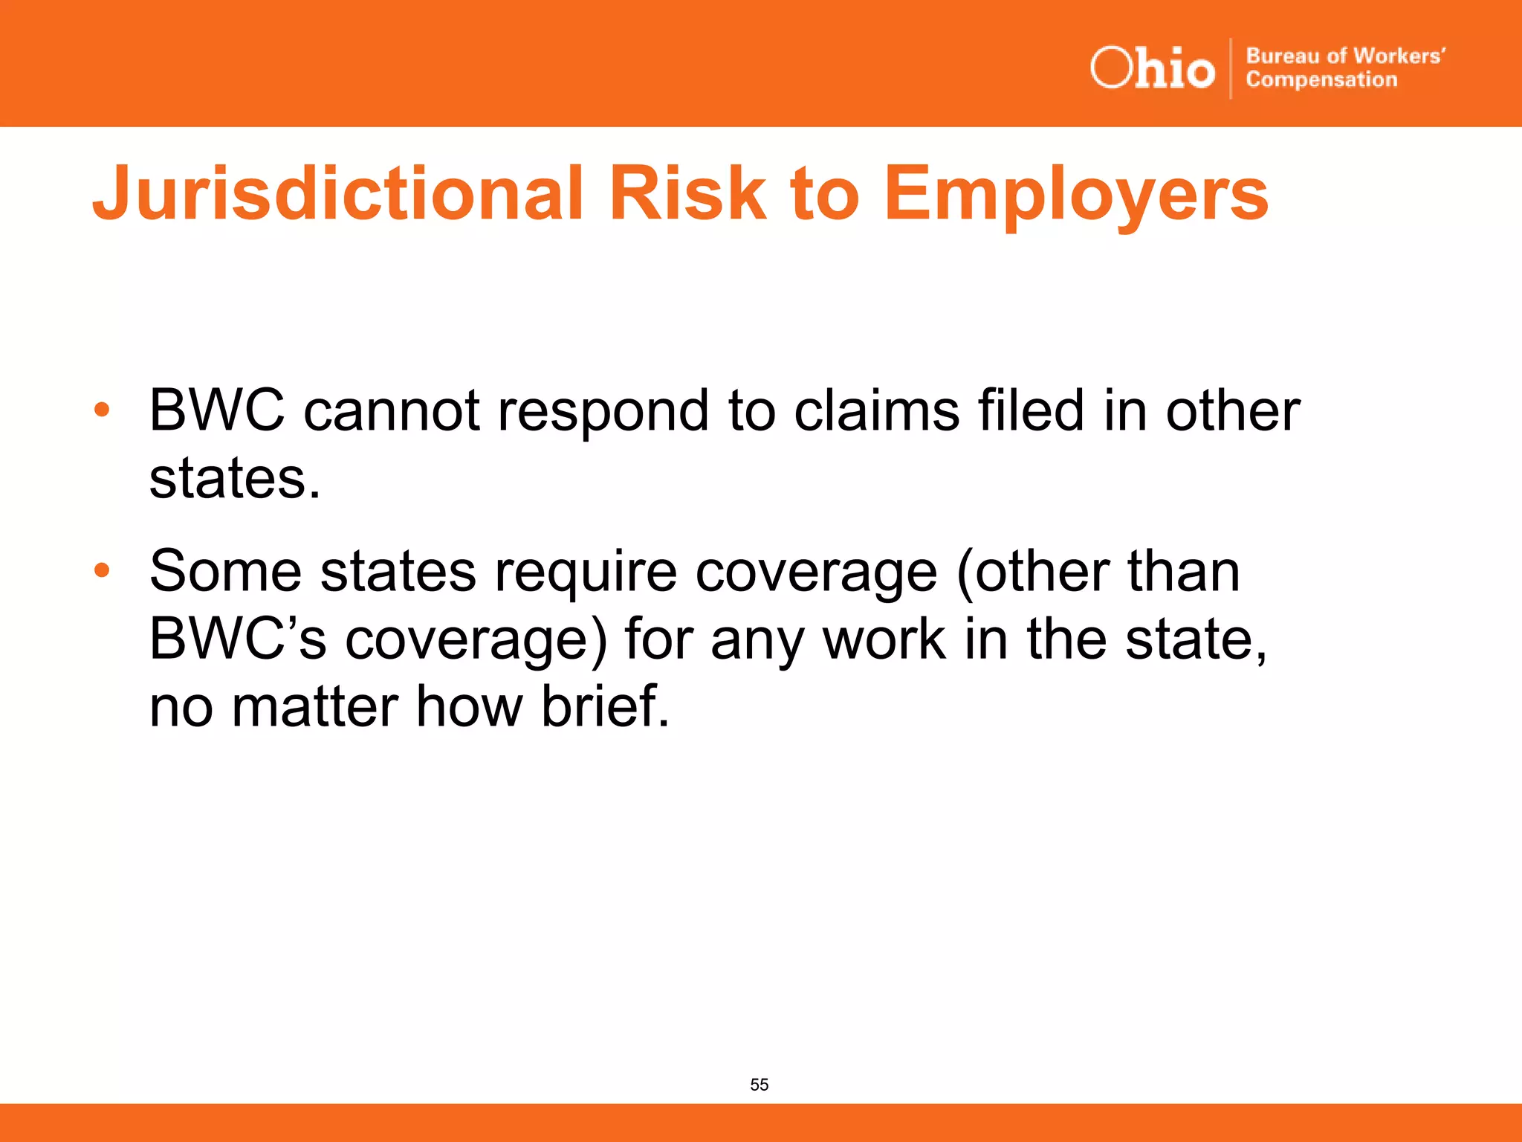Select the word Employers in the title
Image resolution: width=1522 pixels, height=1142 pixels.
(x=1075, y=195)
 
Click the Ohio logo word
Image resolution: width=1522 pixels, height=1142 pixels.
(x=1153, y=68)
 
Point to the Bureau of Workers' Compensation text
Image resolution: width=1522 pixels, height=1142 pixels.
(x=1344, y=68)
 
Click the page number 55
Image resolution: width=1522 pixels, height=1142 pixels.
(x=759, y=1084)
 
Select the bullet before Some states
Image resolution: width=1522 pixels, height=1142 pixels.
(x=102, y=570)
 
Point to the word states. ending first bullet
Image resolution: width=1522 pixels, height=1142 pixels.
(x=235, y=479)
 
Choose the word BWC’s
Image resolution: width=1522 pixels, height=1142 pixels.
(x=237, y=639)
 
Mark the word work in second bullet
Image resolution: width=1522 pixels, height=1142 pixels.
(x=884, y=639)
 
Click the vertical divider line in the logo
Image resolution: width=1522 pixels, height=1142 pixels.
(x=1231, y=68)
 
